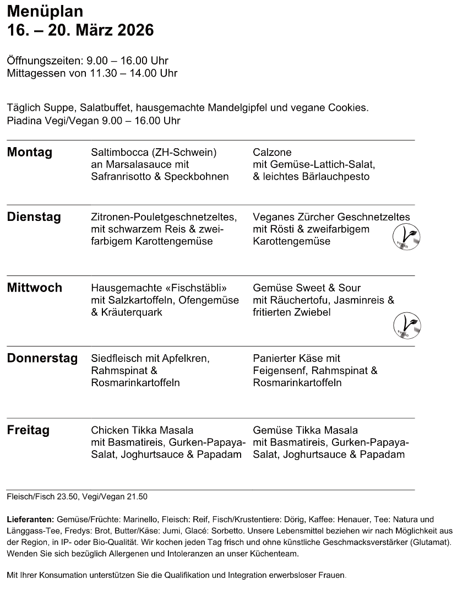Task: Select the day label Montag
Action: [29, 153]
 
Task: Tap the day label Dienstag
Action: [34, 217]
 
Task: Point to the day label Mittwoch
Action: [34, 288]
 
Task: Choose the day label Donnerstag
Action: [42, 359]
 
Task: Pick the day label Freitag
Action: [28, 430]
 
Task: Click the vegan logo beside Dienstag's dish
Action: [406, 236]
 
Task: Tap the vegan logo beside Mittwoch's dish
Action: [407, 324]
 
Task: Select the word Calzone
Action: [272, 152]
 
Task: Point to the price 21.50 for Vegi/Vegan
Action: [137, 497]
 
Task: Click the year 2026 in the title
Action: [133, 31]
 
